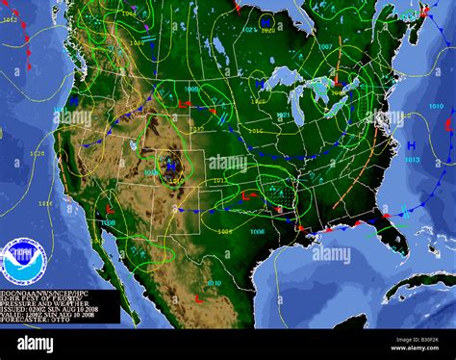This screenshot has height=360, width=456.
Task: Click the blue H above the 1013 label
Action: (x=410, y=144)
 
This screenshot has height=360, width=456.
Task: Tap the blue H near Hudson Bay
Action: (x=266, y=20)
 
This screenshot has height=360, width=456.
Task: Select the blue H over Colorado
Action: (x=171, y=166)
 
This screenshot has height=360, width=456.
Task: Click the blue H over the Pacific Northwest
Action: (x=73, y=99)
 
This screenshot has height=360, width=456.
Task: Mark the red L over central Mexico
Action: (x=198, y=299)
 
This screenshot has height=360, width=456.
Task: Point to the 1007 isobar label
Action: (x=325, y=46)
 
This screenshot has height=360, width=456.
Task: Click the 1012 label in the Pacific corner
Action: (x=11, y=19)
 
